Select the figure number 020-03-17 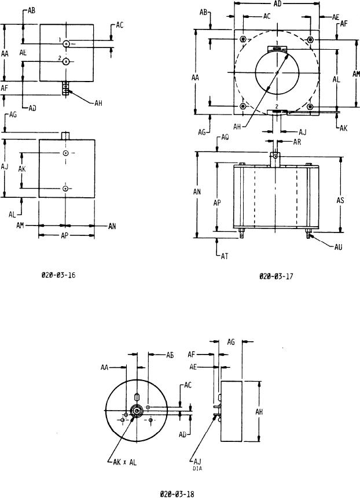[x=276, y=276]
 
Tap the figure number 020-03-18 [x=178, y=493]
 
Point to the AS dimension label [x=341, y=200]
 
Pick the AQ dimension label [x=227, y=138]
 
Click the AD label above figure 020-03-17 [x=277, y=3]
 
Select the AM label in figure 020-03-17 [x=356, y=73]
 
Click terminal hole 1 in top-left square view [x=67, y=44]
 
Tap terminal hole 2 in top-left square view [x=67, y=61]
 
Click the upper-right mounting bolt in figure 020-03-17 [x=311, y=39]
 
